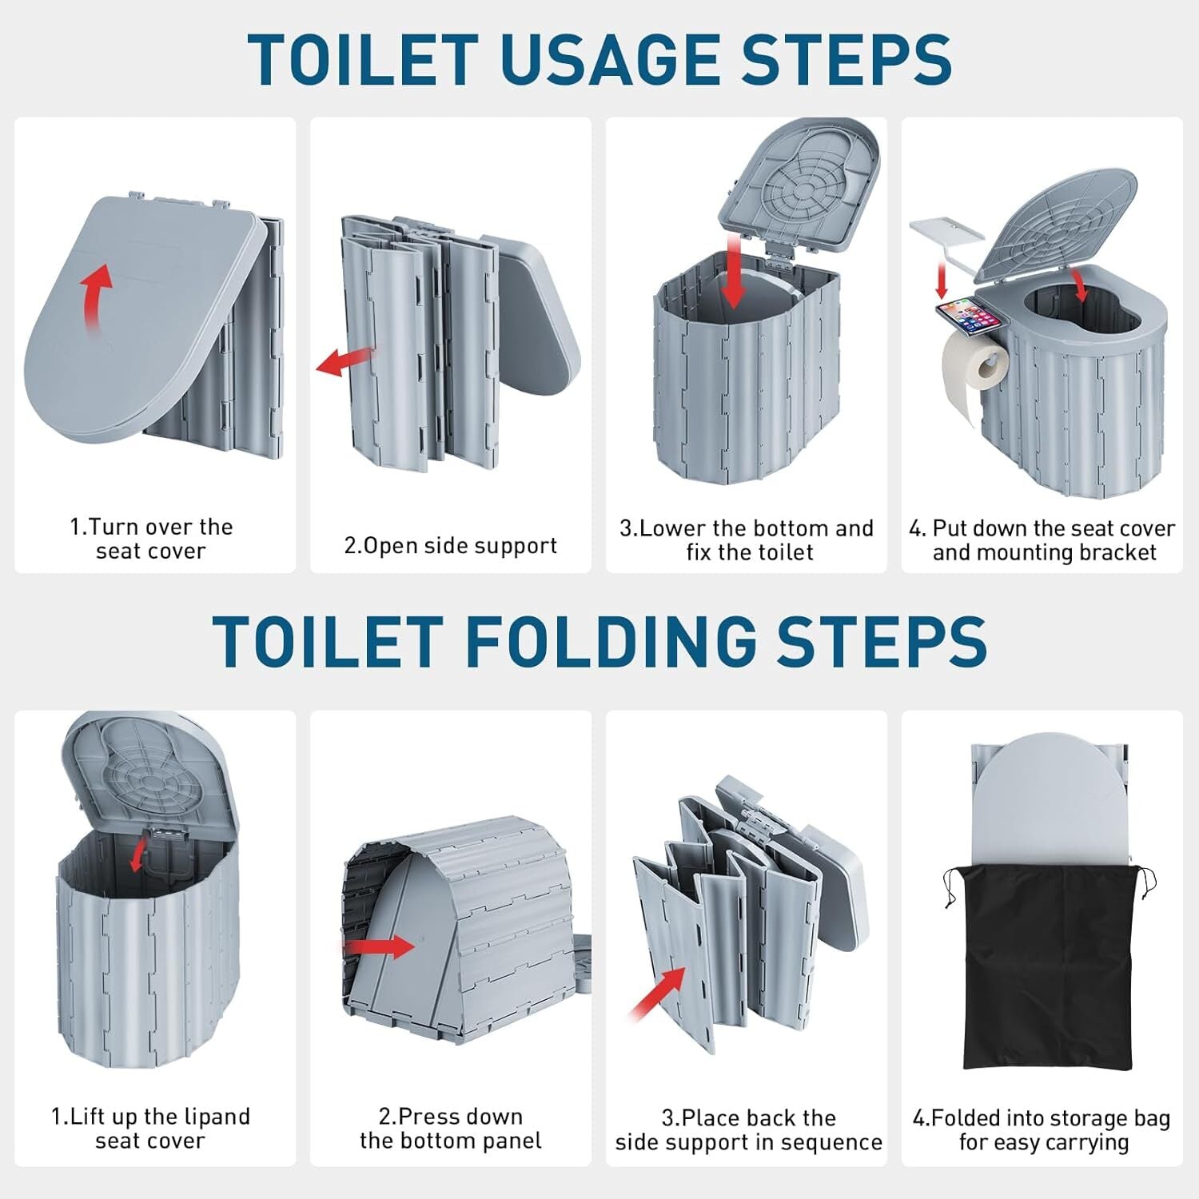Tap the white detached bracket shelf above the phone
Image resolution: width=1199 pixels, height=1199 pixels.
point(947,232)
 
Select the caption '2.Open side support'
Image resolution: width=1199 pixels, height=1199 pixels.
point(450,546)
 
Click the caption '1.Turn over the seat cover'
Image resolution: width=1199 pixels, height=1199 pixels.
point(151,539)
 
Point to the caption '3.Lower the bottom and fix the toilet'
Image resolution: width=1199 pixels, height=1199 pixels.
point(747,540)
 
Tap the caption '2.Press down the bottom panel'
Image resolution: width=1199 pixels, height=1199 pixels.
point(451,1128)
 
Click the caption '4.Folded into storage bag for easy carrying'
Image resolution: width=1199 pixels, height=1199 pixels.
point(1042,1129)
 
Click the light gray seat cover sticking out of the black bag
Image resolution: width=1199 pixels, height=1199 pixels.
point(1047,799)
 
